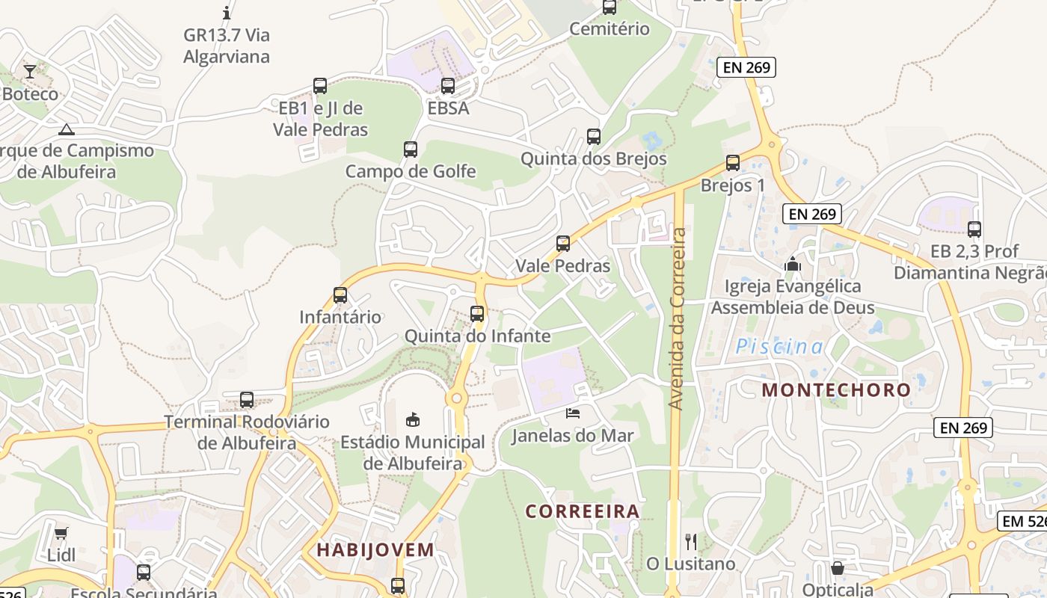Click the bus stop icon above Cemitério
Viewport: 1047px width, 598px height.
pyautogui.click(x=610, y=7)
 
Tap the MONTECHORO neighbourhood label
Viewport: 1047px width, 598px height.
pyautogui.click(x=836, y=389)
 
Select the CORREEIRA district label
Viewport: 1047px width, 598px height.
pyautogui.click(x=583, y=511)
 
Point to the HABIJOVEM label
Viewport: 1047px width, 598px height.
pyautogui.click(x=375, y=550)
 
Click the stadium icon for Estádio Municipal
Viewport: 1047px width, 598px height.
pyautogui.click(x=412, y=419)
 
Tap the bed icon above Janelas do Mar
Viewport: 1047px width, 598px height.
pyautogui.click(x=573, y=413)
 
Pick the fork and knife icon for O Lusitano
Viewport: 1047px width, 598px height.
pyautogui.click(x=691, y=541)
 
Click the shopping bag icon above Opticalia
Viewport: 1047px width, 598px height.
pyautogui.click(x=838, y=568)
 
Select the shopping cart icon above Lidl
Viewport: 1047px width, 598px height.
pyautogui.click(x=61, y=534)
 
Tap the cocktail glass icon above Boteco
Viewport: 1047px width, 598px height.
pyautogui.click(x=30, y=71)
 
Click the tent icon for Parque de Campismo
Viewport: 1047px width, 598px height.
pyautogui.click(x=67, y=129)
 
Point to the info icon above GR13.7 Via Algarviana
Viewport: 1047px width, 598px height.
pyautogui.click(x=227, y=13)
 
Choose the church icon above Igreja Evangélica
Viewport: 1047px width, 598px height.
pyautogui.click(x=793, y=264)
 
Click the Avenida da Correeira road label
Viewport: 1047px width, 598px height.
pyautogui.click(x=678, y=319)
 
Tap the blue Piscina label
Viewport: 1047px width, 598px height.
pyautogui.click(x=780, y=347)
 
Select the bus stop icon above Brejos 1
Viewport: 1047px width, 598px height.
pyautogui.click(x=733, y=162)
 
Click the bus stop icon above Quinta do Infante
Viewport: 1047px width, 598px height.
pyautogui.click(x=477, y=314)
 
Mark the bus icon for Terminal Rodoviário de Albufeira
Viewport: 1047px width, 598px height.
pyautogui.click(x=247, y=400)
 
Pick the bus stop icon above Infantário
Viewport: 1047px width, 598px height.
pyautogui.click(x=340, y=295)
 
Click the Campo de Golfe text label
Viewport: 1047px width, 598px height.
pyautogui.click(x=411, y=171)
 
